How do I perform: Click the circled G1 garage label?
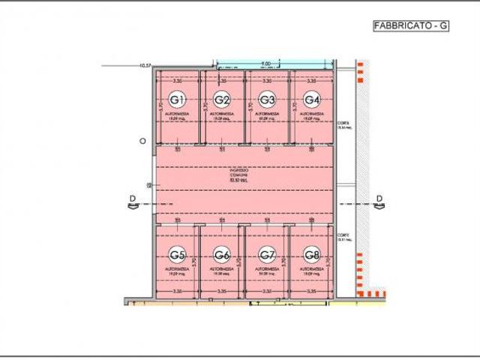click(178, 100)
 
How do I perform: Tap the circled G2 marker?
click(222, 100)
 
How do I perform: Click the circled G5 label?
click(178, 253)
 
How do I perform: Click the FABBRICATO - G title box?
click(411, 25)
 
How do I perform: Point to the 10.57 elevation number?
click(145, 66)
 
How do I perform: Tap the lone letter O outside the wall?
click(142, 140)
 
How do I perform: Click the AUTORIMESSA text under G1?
click(178, 114)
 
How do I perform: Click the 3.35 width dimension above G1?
click(178, 79)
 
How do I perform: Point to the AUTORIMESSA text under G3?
click(267, 114)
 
